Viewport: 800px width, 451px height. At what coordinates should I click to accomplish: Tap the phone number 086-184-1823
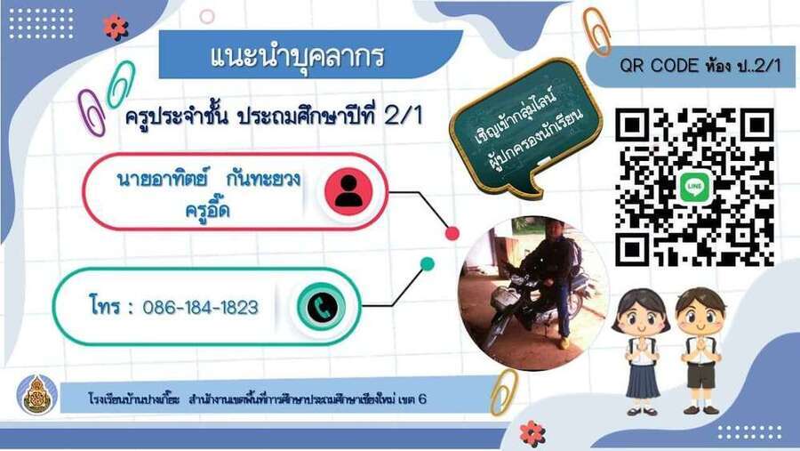point(201,308)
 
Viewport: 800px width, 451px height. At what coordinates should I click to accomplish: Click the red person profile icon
point(349,191)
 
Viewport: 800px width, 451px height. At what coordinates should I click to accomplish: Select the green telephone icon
point(322,307)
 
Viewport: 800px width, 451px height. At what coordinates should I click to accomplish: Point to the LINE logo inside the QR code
point(694,187)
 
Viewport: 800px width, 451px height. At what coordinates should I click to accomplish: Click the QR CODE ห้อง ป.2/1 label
point(700,66)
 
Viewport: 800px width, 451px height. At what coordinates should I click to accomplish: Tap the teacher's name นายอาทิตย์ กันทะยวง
point(208,180)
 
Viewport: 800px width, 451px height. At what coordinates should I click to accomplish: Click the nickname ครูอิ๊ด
point(208,209)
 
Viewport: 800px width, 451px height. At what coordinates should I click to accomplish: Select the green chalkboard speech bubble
point(525,129)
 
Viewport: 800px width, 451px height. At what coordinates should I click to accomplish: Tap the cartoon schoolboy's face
point(701,316)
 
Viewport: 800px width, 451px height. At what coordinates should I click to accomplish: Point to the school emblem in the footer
point(36,394)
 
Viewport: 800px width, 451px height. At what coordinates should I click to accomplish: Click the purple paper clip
point(92,112)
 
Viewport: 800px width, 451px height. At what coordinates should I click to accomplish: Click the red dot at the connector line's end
point(452,233)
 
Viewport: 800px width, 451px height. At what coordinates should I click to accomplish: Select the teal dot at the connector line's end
point(428,263)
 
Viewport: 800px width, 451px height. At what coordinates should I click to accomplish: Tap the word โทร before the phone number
point(105,306)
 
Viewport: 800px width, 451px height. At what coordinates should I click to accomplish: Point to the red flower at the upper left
point(116,28)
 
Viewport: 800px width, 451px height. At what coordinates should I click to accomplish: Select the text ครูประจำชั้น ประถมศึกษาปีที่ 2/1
point(274,117)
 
